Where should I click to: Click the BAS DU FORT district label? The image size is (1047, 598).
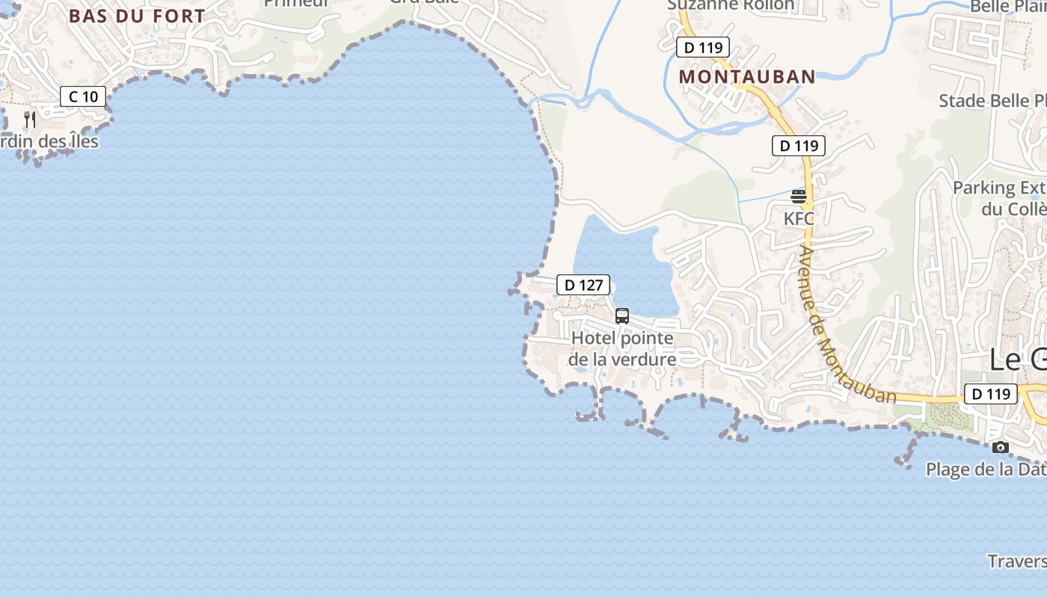pyautogui.click(x=137, y=16)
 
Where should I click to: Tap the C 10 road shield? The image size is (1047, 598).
pyautogui.click(x=83, y=96)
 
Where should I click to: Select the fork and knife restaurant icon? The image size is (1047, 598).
pyautogui.click(x=30, y=119)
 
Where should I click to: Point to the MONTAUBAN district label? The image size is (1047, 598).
pyautogui.click(x=746, y=77)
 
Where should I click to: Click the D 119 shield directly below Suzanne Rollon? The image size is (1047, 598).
pyautogui.click(x=702, y=48)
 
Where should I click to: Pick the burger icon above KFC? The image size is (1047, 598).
pyautogui.click(x=799, y=197)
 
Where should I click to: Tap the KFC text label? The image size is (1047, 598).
pyautogui.click(x=799, y=219)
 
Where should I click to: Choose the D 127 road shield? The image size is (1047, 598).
pyautogui.click(x=583, y=285)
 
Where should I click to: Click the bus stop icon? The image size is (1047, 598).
pyautogui.click(x=622, y=316)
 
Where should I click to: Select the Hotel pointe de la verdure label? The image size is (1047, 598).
pyautogui.click(x=622, y=349)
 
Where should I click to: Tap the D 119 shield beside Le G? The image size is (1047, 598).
pyautogui.click(x=990, y=394)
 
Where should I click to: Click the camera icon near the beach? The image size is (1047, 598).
pyautogui.click(x=1000, y=448)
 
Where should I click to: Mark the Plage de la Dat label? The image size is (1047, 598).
pyautogui.click(x=986, y=469)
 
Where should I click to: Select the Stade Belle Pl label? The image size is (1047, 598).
pyautogui.click(x=992, y=101)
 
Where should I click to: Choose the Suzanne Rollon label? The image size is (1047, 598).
pyautogui.click(x=731, y=5)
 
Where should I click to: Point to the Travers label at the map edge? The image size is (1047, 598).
pyautogui.click(x=1016, y=561)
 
